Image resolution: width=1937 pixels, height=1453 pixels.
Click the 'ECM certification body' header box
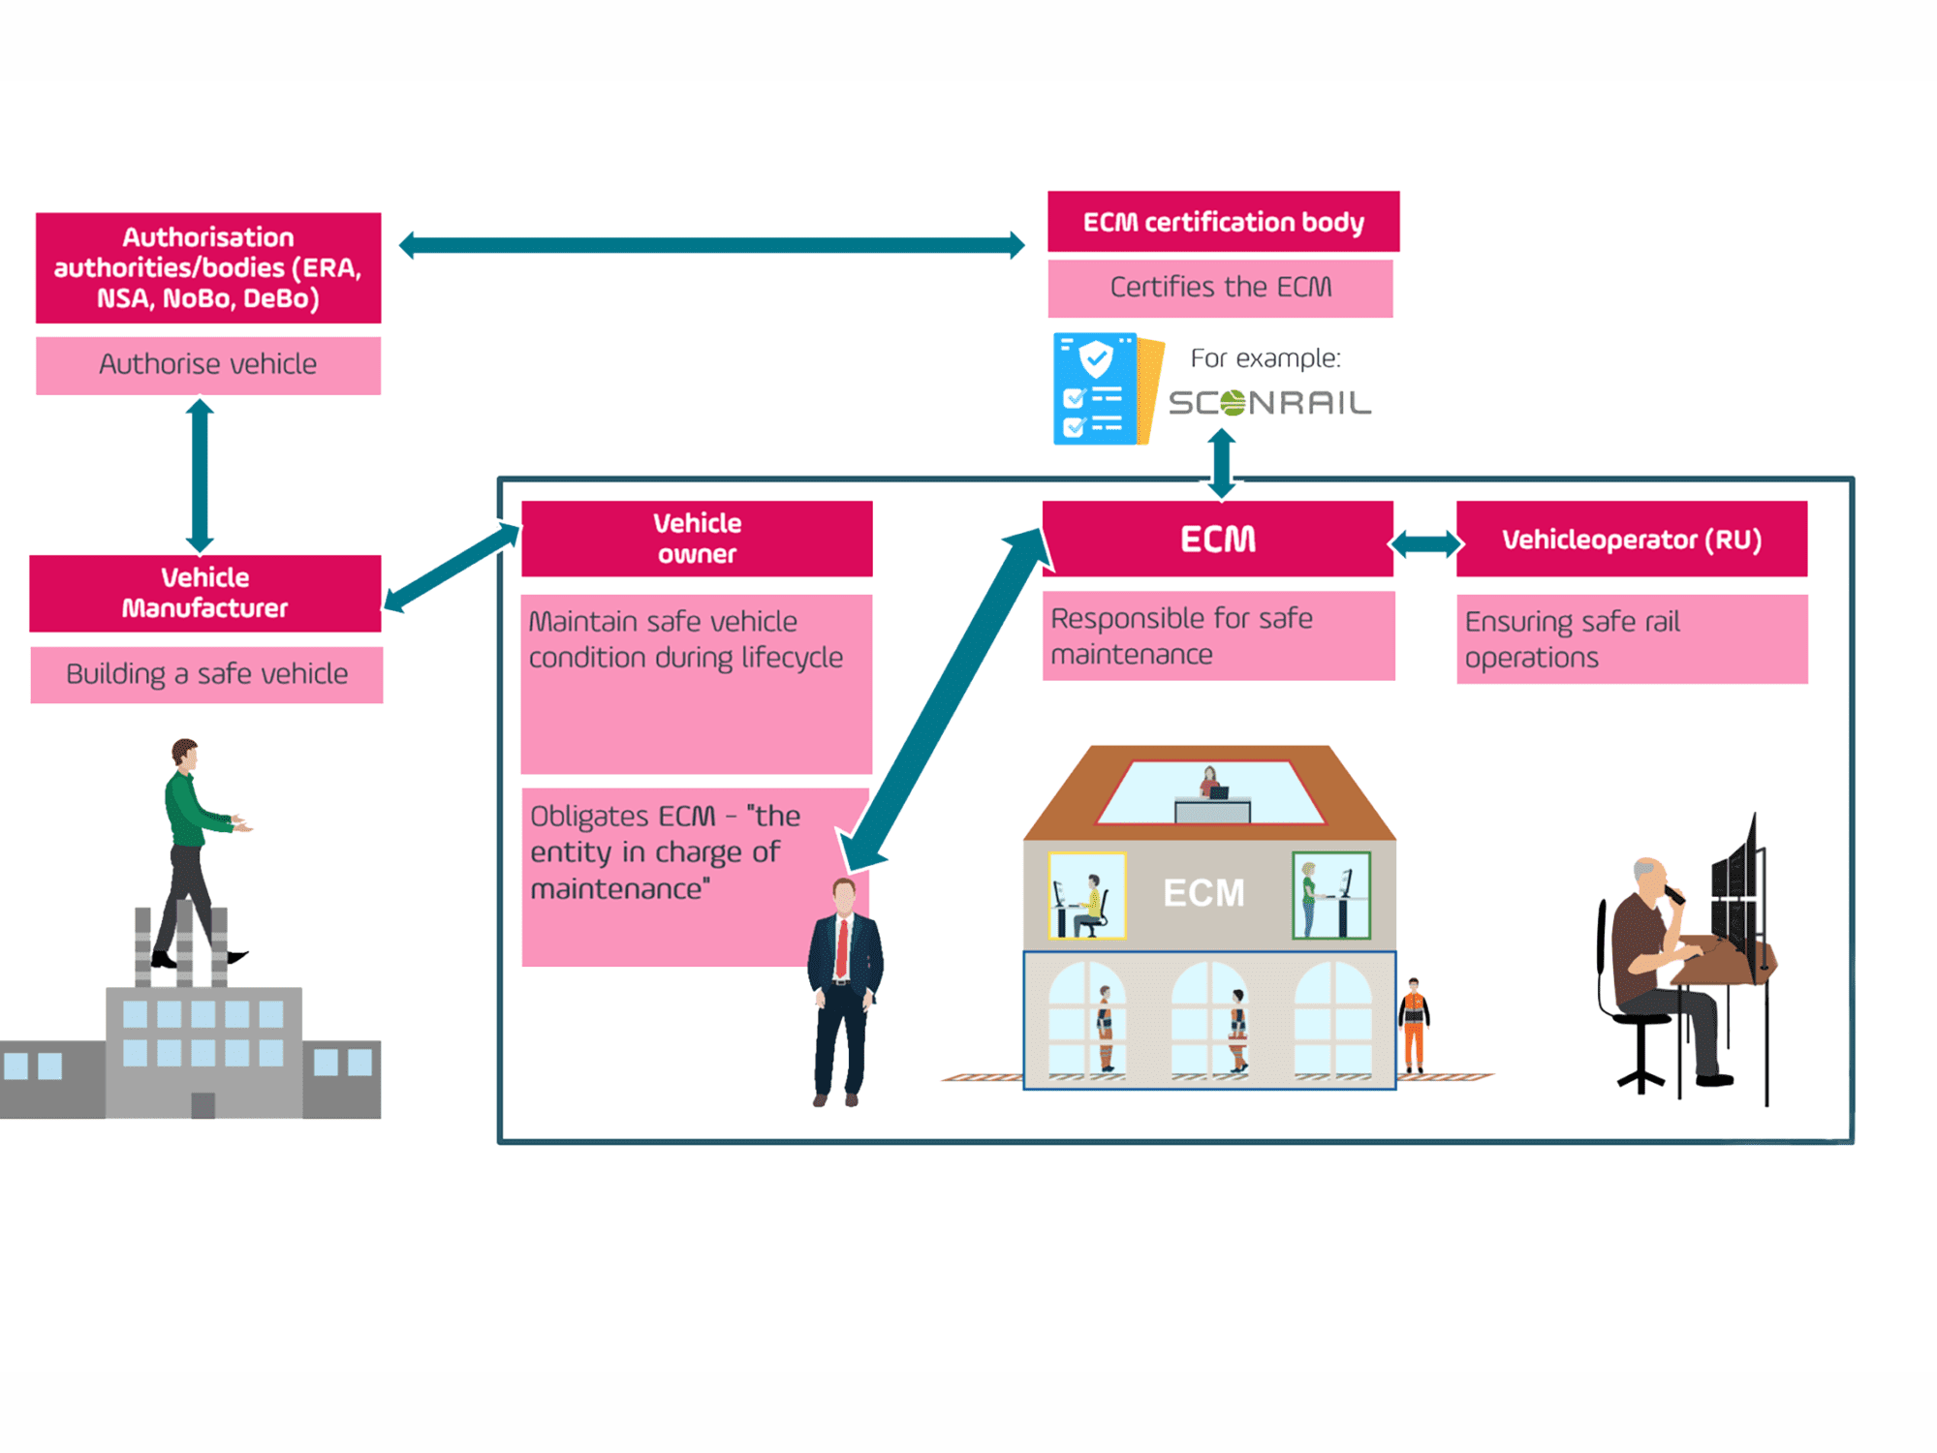coord(1223,222)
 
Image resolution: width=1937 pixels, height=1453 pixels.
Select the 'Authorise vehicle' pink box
coord(208,365)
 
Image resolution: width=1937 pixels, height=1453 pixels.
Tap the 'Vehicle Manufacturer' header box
coord(205,593)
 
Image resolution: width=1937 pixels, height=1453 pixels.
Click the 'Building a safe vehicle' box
coord(206,674)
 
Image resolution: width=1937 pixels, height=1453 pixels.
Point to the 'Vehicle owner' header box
coord(697,539)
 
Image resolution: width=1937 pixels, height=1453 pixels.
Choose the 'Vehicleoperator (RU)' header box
coord(1631,540)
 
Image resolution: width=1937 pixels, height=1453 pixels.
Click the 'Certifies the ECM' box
coord(1220,288)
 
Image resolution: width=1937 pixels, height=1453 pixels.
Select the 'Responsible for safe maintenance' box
coord(1218,636)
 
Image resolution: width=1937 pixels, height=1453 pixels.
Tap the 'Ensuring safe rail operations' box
coord(1631,639)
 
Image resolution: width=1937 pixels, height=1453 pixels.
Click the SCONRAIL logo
coord(1269,403)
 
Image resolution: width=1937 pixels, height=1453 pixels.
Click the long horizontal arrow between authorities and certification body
coord(712,245)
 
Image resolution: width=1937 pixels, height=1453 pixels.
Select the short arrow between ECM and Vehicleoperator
coord(1424,543)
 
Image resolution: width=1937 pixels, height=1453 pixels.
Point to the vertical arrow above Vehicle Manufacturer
coord(200,475)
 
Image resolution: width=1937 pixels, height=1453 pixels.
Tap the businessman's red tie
coord(842,948)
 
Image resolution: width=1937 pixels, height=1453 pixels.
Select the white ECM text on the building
coord(1203,893)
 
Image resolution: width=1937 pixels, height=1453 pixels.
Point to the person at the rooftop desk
coord(1209,783)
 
